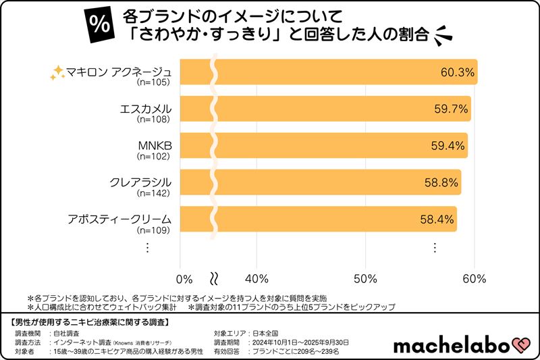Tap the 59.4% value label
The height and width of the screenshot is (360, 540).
[448, 146]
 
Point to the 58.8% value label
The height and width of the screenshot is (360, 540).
[441, 182]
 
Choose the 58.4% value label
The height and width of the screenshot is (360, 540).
[437, 219]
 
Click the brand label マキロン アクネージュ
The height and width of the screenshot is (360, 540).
[121, 72]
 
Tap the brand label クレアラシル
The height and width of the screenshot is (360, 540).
[140, 182]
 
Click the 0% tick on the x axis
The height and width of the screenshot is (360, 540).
[184, 279]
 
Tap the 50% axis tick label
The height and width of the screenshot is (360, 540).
[365, 279]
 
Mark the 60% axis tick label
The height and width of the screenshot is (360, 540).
[475, 279]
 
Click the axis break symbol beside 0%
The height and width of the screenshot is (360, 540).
[215, 279]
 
